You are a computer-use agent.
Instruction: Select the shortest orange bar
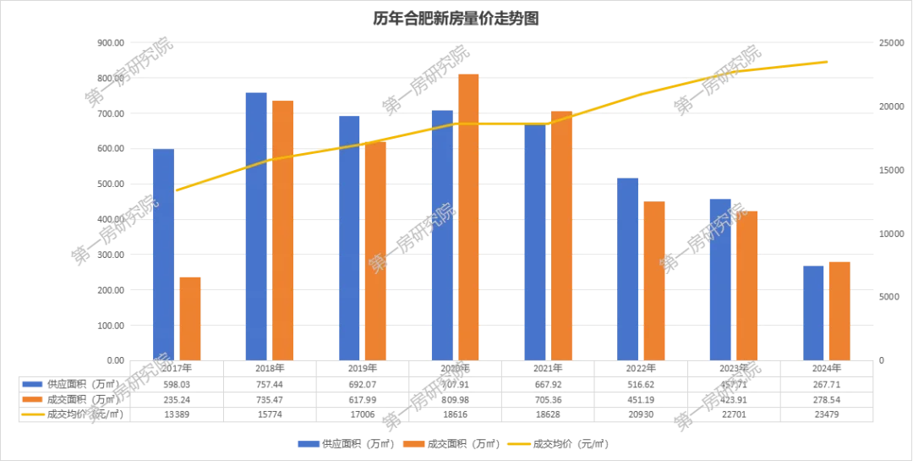[x=190, y=317]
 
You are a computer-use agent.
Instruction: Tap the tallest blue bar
[x=257, y=224]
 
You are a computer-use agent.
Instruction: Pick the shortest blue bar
[x=812, y=312]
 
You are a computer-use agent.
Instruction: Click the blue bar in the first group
[x=162, y=254]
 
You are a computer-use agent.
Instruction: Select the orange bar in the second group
[x=283, y=229]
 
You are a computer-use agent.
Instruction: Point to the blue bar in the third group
[x=350, y=237]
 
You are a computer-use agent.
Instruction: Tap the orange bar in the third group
[x=375, y=250]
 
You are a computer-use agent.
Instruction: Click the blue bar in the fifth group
[x=535, y=242]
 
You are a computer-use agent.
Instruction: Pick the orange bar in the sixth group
[x=654, y=279]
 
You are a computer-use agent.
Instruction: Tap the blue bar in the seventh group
[x=720, y=278]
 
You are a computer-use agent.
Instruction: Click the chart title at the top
[x=456, y=17]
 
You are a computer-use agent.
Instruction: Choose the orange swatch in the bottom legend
[x=414, y=443]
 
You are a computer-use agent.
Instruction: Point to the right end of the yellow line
[x=826, y=62]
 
